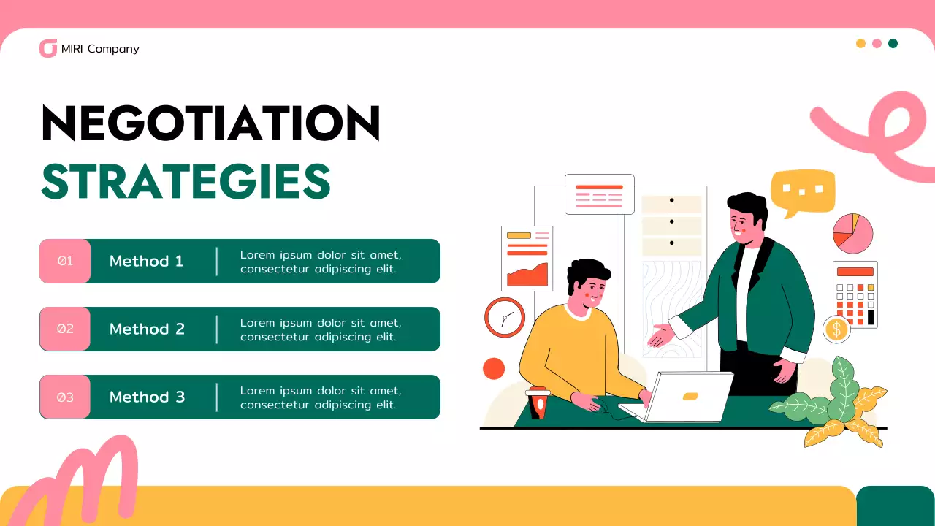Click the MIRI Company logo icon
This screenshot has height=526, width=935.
click(x=48, y=49)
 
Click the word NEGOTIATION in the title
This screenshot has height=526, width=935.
click(x=211, y=123)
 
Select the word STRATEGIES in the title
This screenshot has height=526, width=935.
click(x=186, y=182)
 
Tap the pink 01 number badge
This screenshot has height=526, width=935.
click(x=65, y=261)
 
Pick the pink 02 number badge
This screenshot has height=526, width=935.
click(x=65, y=329)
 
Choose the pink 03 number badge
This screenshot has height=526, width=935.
click(x=65, y=397)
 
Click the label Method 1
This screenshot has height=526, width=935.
click(x=146, y=261)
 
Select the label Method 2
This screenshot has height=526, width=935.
click(x=147, y=329)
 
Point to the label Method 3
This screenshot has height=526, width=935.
click(x=147, y=397)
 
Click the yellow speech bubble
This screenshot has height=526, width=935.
click(x=802, y=191)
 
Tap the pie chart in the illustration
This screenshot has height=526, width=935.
click(x=852, y=234)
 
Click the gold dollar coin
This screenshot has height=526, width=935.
click(x=836, y=329)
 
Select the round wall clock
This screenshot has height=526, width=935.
click(x=505, y=318)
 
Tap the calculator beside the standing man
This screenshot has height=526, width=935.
click(x=855, y=294)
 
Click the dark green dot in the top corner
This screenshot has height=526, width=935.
click(x=893, y=43)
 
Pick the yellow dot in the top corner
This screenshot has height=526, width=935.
click(x=860, y=43)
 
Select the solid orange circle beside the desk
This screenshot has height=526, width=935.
click(x=494, y=368)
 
